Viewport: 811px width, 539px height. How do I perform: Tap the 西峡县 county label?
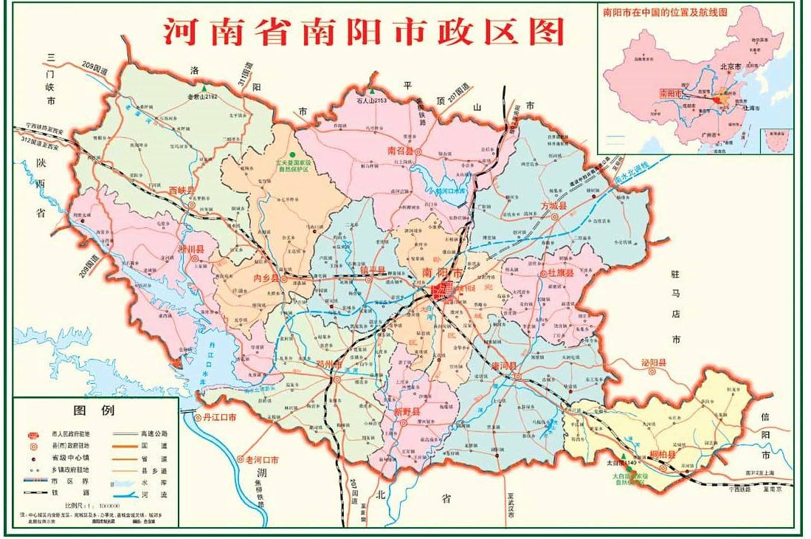[182, 190]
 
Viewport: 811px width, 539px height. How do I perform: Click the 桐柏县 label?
[662, 454]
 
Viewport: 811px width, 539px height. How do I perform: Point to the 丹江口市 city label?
[219, 418]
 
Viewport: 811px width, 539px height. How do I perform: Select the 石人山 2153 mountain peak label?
[371, 100]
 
